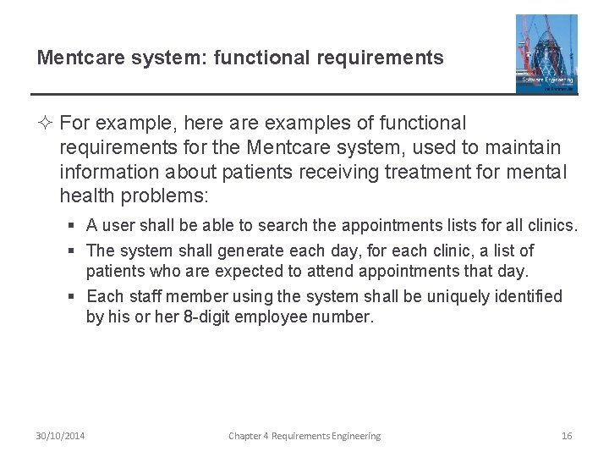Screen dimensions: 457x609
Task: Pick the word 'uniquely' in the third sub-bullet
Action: pyautogui.click(x=460, y=296)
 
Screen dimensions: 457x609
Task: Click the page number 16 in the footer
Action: pyautogui.click(x=567, y=436)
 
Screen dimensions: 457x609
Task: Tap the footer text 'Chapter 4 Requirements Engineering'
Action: pyautogui.click(x=304, y=436)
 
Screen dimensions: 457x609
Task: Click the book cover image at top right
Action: pyautogui.click(x=546, y=52)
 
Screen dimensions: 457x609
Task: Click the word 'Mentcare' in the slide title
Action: pyautogui.click(x=75, y=58)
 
